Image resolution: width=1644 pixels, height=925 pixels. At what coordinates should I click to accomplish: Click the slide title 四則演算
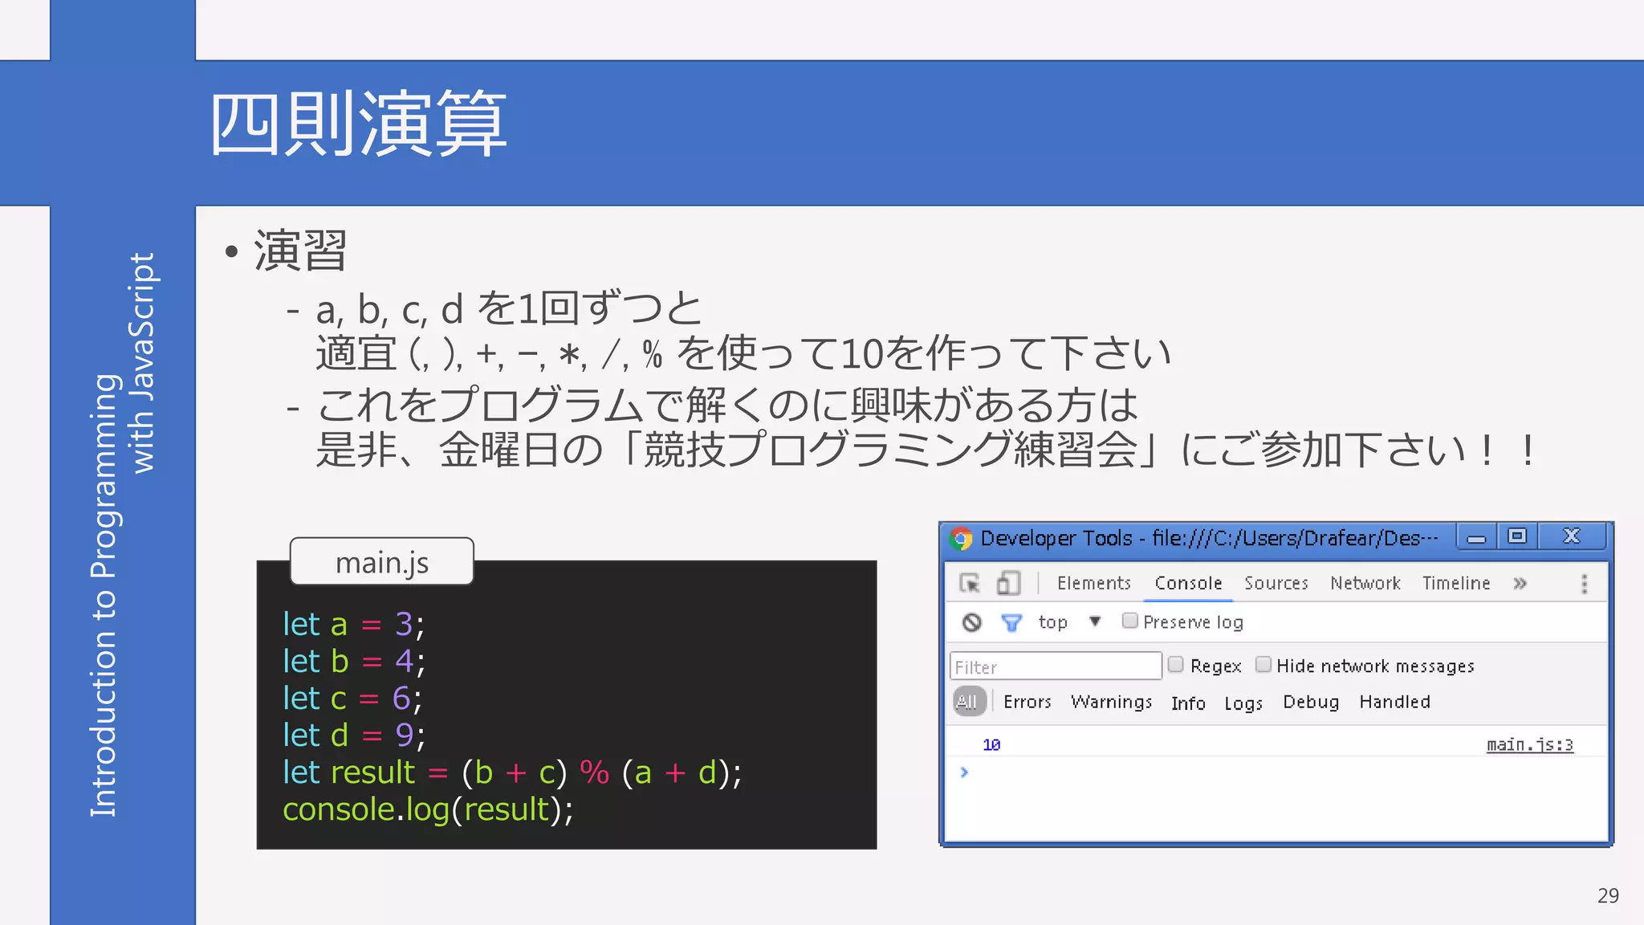click(x=358, y=124)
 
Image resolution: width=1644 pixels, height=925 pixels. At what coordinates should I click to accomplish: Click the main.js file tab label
click(x=381, y=562)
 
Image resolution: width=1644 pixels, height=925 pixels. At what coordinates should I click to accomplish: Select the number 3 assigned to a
click(x=403, y=624)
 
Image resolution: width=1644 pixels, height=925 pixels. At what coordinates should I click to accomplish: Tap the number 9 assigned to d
click(x=404, y=735)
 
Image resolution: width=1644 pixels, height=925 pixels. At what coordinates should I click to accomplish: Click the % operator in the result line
click(x=594, y=772)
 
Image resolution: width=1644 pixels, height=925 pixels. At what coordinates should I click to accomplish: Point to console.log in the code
click(x=365, y=809)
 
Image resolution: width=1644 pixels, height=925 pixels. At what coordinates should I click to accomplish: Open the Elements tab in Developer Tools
click(x=1093, y=583)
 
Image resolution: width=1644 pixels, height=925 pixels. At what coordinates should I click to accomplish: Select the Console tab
click(x=1188, y=583)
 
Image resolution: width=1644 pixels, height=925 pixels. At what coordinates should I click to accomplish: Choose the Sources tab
click(x=1276, y=583)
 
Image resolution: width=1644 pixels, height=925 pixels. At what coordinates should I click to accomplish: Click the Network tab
click(x=1365, y=583)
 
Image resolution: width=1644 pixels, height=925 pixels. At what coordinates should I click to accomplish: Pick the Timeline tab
click(x=1455, y=583)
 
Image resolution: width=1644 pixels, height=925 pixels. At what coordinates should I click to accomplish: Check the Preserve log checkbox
click(x=1129, y=621)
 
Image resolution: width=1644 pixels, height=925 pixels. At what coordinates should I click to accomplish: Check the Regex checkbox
click(x=1176, y=665)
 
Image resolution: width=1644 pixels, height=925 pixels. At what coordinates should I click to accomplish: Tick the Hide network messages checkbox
click(x=1263, y=665)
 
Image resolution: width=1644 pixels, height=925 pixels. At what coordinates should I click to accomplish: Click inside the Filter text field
click(x=1055, y=666)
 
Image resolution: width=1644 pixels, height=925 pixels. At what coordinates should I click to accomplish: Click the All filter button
click(x=968, y=702)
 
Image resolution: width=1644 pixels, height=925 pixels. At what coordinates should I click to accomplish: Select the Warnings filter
click(x=1111, y=702)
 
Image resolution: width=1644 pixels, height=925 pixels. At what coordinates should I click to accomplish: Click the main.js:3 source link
click(x=1529, y=744)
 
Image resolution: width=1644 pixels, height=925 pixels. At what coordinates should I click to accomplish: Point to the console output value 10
click(x=991, y=745)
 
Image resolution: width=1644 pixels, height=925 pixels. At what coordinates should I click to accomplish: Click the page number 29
click(x=1608, y=895)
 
